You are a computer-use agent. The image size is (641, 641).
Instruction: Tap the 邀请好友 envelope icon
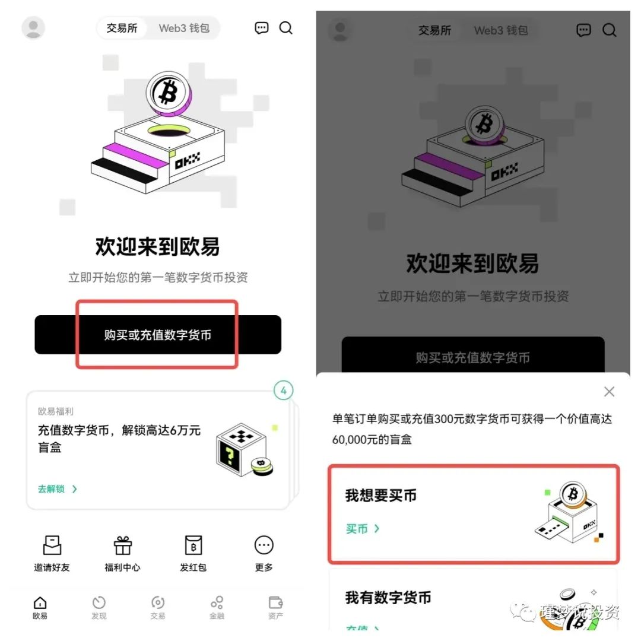[52, 545]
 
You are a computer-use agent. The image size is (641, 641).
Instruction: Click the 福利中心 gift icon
[123, 545]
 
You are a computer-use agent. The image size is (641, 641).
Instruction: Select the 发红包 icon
[193, 545]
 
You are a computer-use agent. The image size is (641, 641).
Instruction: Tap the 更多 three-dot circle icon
[264, 545]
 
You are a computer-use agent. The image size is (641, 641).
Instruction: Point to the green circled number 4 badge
[284, 391]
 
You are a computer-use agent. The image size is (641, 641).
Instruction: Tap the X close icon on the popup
[609, 392]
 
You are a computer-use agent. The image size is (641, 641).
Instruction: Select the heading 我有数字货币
[388, 598]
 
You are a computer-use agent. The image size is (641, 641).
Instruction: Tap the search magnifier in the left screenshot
[286, 28]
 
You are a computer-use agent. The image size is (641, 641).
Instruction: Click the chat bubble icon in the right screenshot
[584, 30]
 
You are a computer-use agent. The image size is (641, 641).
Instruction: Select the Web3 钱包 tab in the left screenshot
[184, 28]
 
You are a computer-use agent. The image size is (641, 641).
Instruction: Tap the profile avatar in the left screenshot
[33, 28]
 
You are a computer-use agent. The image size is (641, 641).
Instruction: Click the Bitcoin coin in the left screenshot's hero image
[168, 92]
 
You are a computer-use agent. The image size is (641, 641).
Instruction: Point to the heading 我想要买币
[381, 496]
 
